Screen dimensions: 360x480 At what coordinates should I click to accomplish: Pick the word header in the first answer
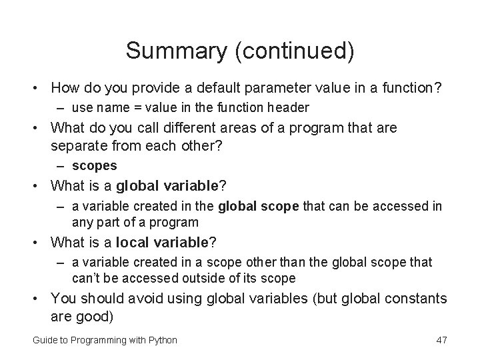pyautogui.click(x=289, y=108)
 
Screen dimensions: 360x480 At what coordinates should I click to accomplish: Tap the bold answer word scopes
pyautogui.click(x=94, y=165)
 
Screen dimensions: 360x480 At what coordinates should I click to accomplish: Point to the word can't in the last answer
pyautogui.click(x=87, y=278)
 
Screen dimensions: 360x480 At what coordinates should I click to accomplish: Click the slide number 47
pyautogui.click(x=441, y=340)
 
